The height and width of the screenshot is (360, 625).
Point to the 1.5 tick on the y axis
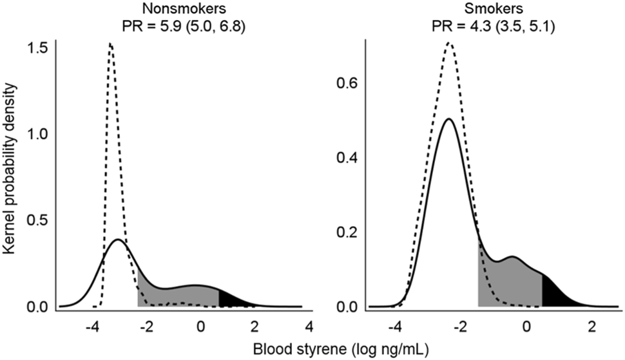coord(40,49)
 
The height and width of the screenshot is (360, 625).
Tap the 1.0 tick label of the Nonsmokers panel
coord(40,135)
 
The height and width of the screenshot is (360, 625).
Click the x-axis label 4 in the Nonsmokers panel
coord(309,326)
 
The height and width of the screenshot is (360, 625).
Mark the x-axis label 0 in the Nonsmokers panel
coord(200,326)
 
